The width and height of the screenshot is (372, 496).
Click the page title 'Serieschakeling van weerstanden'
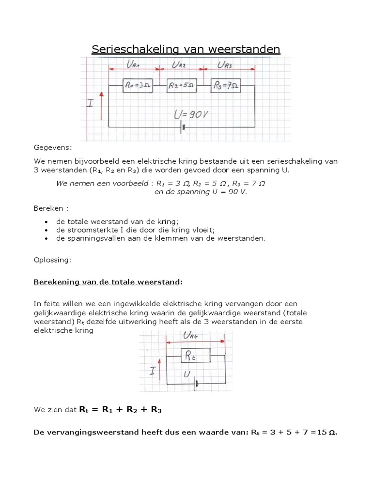click(x=186, y=49)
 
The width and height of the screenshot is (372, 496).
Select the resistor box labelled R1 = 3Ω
click(x=138, y=86)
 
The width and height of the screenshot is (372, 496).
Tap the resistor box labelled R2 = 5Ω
click(x=182, y=86)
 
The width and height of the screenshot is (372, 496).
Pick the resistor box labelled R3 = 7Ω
click(x=226, y=86)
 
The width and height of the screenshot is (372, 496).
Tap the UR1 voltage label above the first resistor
click(x=133, y=65)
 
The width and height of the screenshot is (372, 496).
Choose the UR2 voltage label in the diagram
click(x=179, y=65)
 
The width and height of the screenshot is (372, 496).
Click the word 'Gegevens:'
click(x=52, y=147)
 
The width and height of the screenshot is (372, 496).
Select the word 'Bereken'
click(x=48, y=208)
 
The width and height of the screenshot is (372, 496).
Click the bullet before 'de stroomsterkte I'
click(x=46, y=230)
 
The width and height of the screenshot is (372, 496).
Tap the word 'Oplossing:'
click(x=52, y=260)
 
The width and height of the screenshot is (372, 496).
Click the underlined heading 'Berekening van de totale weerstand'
click(x=108, y=282)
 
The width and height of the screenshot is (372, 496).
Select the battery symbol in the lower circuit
click(x=197, y=384)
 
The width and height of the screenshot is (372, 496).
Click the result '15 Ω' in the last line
click(x=326, y=432)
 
